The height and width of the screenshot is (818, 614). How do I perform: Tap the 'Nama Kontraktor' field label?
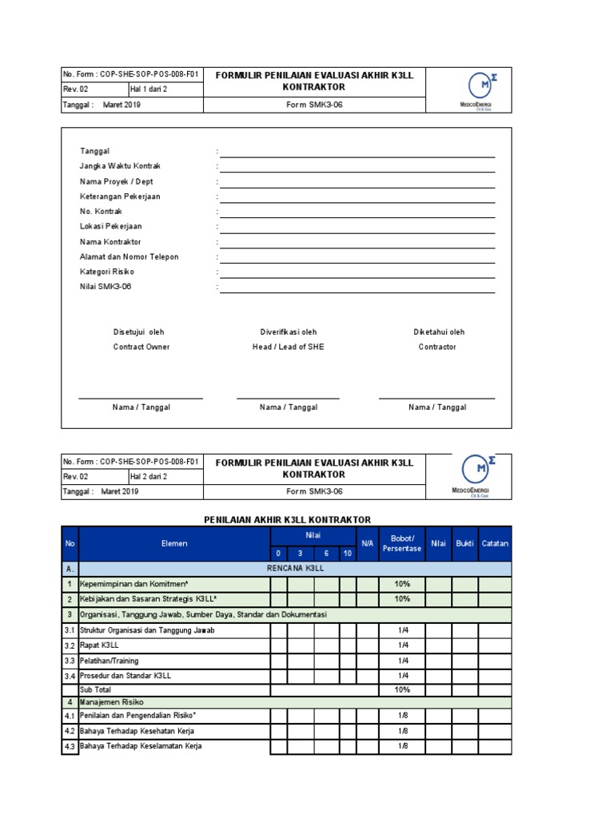tap(110, 242)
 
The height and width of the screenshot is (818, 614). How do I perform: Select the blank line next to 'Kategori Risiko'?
tap(357, 272)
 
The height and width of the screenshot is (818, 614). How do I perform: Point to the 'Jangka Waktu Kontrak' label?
tap(120, 166)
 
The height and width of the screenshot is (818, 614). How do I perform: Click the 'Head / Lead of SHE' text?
tap(289, 347)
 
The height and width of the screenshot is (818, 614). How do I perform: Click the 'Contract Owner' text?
tap(142, 347)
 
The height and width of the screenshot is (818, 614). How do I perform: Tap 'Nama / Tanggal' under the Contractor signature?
tap(437, 407)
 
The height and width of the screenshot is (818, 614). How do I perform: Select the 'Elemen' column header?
tap(174, 543)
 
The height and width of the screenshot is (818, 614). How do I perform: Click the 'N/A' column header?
tap(368, 543)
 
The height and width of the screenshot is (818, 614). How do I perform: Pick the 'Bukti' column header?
tap(464, 543)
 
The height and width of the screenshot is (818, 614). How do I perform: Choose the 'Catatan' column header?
tap(495, 543)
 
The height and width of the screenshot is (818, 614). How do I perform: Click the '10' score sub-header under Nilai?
tap(347, 553)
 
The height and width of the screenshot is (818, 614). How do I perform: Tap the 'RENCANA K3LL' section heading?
tap(295, 569)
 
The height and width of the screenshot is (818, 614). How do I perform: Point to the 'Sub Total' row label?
tap(95, 689)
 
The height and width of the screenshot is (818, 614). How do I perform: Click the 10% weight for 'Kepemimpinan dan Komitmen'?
tap(402, 584)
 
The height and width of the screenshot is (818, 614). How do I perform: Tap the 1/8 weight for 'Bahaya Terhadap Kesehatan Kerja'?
tap(402, 731)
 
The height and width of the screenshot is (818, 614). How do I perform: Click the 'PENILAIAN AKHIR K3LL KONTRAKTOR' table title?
tap(288, 520)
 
